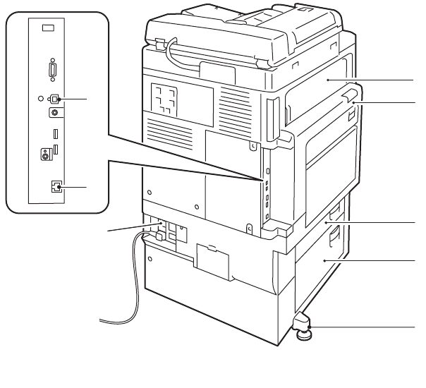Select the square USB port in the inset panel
[56, 99]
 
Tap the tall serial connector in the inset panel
[51, 71]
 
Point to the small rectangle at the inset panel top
[47, 28]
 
